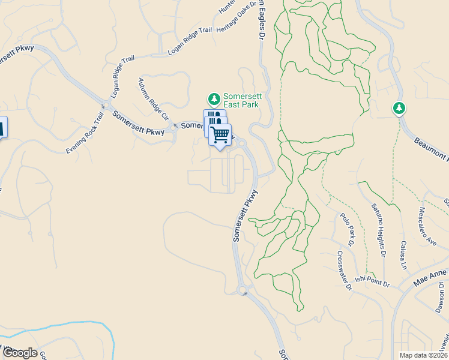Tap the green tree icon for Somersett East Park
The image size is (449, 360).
point(212,98)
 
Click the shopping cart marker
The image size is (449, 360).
point(220,134)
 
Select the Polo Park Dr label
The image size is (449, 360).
point(347,230)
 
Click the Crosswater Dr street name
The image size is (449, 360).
point(344,270)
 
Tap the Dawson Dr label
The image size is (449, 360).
point(440,298)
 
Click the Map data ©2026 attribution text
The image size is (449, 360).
point(423,355)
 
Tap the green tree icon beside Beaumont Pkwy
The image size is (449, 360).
point(399,109)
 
